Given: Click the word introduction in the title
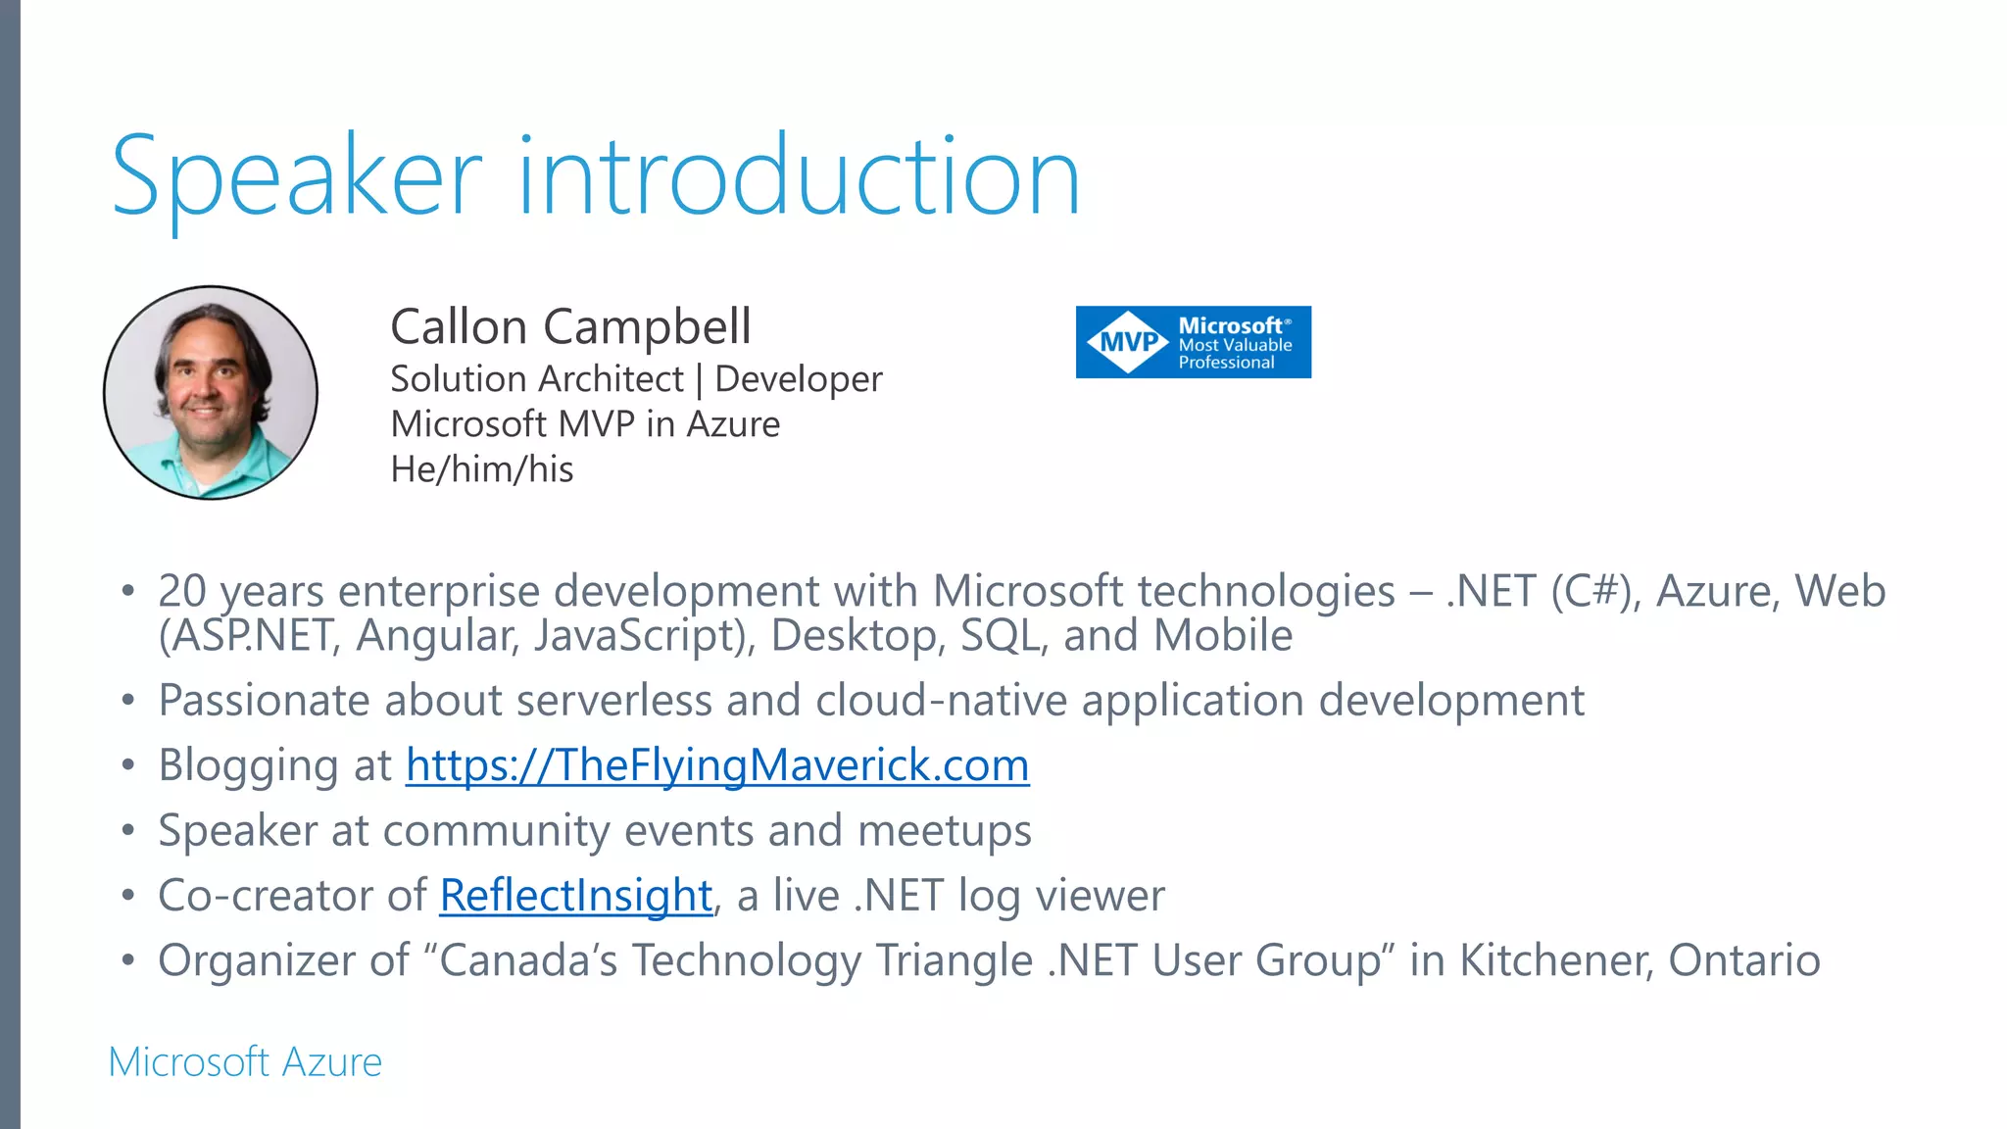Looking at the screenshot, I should pyautogui.click(x=798, y=176).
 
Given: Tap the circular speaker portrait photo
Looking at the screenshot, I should pyautogui.click(x=211, y=393).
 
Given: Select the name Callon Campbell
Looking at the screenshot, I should pyautogui.click(x=570, y=326).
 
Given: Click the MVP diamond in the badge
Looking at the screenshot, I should pyautogui.click(x=1128, y=342).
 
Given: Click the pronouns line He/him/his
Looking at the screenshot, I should pyautogui.click(x=481, y=469).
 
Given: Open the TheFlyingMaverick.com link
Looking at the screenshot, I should pyautogui.click(x=717, y=765).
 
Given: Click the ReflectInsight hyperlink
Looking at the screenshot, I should pyautogui.click(x=576, y=896).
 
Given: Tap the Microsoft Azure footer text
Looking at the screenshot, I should pyautogui.click(x=245, y=1062).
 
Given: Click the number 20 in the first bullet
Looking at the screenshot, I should pyautogui.click(x=182, y=591).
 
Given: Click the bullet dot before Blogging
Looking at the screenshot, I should pyautogui.click(x=127, y=765).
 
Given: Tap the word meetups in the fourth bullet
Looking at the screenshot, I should pyautogui.click(x=945, y=831).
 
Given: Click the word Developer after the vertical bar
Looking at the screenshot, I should pyautogui.click(x=799, y=379).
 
